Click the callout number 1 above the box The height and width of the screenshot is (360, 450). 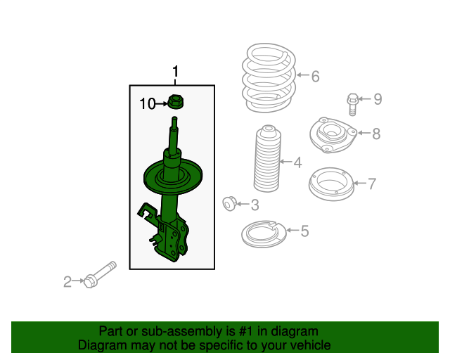175,72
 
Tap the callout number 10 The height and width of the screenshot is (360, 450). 148,103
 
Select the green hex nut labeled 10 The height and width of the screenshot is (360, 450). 175,102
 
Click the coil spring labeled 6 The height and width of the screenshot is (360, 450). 269,77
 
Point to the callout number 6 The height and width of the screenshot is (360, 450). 316,77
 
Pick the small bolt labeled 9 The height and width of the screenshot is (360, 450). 352,104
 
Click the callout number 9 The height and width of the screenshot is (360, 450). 378,99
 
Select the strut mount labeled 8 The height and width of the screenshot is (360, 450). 333,135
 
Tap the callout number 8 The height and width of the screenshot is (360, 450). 376,134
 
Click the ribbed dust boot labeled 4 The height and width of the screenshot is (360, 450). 267,158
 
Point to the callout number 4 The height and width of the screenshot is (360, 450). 297,162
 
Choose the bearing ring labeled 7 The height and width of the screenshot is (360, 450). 331,184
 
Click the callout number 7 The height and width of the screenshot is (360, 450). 372,184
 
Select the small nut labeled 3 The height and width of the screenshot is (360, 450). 230,203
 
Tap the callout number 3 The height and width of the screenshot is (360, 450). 255,205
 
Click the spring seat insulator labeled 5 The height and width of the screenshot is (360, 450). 264,234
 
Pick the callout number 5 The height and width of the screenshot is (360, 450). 304,231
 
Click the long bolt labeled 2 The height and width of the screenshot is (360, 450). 100,274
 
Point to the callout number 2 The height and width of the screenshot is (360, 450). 67,282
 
